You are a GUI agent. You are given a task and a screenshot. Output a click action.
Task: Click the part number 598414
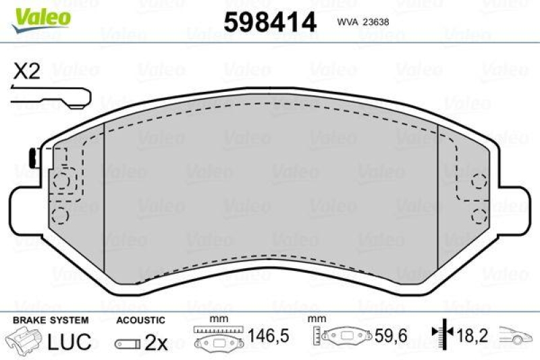(269, 22)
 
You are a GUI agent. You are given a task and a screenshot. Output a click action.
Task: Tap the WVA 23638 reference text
(362, 22)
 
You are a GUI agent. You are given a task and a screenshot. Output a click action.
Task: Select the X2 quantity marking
(26, 72)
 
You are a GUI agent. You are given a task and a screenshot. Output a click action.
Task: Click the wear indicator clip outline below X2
(50, 99)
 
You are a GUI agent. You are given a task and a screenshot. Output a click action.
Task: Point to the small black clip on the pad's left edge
(32, 159)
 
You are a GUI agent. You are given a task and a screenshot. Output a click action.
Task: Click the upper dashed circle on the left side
(61, 181)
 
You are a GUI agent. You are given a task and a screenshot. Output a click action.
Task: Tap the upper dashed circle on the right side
(479, 180)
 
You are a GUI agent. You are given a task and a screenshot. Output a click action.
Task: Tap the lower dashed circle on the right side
(479, 215)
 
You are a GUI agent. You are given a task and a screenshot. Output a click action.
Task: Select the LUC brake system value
(69, 342)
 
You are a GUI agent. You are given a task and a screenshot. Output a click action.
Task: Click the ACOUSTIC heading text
(140, 319)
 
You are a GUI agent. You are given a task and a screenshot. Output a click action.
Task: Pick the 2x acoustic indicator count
(156, 342)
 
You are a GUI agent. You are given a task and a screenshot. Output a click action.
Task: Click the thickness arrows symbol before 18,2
(442, 334)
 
